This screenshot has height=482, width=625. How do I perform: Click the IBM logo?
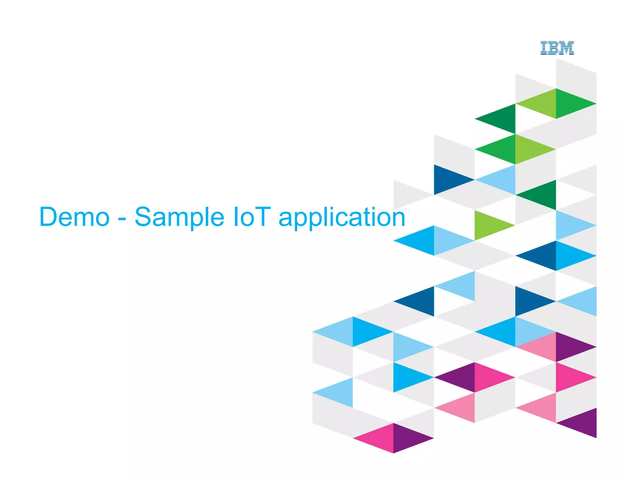pyautogui.click(x=557, y=48)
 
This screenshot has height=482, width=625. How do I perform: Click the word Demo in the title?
pyautogui.click(x=74, y=217)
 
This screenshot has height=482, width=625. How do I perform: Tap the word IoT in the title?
pyautogui.click(x=252, y=217)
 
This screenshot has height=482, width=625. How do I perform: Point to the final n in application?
pyautogui.click(x=396, y=218)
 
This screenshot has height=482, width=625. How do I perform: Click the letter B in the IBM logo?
pyautogui.click(x=554, y=48)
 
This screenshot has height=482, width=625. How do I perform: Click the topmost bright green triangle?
pyautogui.click(x=569, y=104)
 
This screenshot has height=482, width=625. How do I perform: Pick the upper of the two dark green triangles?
pyautogui.click(x=502, y=119)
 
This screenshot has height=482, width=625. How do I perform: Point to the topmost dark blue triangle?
pyautogui.click(x=447, y=180)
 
